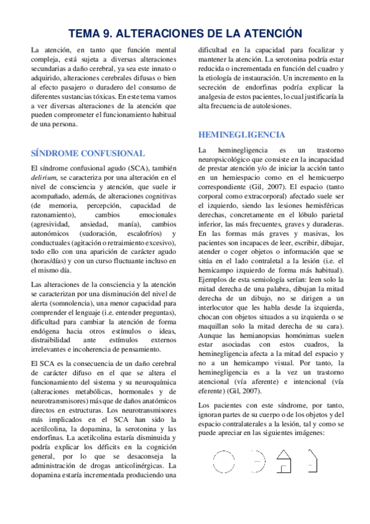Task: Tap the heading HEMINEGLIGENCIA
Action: [x=242, y=134]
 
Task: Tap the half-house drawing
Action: [x=313, y=460]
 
